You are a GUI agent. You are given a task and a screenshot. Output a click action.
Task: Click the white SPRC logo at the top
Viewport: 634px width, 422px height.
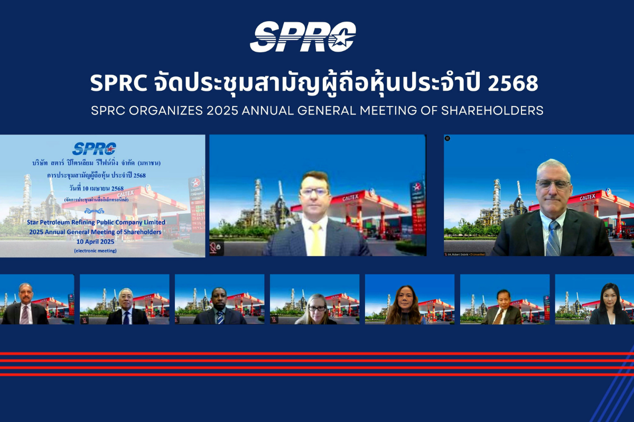[x=303, y=37]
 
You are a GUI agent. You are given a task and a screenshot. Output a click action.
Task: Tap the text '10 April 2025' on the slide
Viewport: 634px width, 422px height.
[x=96, y=241]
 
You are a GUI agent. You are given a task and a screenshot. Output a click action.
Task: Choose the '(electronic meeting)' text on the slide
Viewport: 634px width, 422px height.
[x=96, y=251]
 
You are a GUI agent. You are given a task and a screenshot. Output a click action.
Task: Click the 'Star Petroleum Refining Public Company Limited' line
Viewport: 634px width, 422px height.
[x=96, y=222]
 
